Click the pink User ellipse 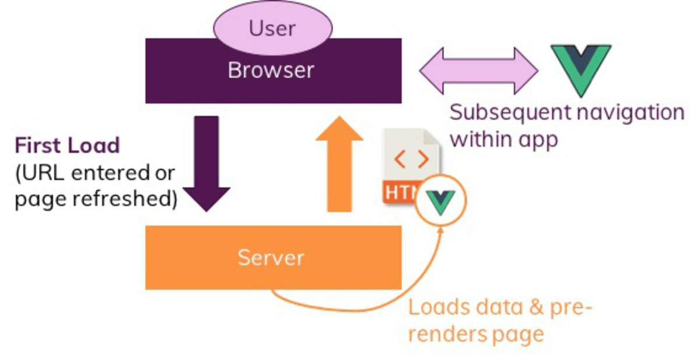(272, 27)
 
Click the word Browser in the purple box (271, 71)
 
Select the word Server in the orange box (271, 257)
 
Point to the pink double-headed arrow (478, 71)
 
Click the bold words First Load (67, 145)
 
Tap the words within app (505, 139)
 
